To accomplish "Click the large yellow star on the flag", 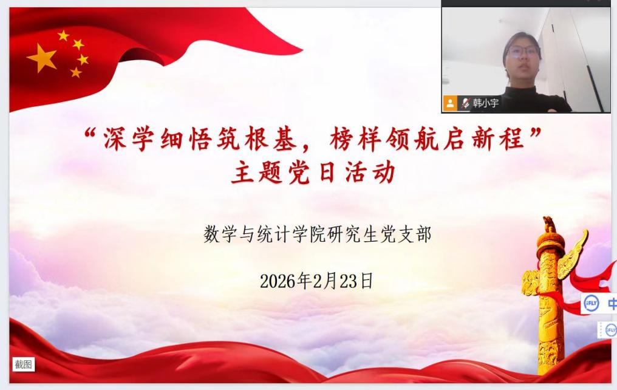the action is [41, 58].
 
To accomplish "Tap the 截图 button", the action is [23, 364].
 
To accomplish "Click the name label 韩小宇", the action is [486, 103].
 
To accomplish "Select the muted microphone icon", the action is [466, 103].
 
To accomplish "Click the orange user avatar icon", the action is [450, 103].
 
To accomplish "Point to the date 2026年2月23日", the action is [316, 281].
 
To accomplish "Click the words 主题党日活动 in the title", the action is [313, 173].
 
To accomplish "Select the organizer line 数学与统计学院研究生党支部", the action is [317, 234].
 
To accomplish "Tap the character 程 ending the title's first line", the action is [513, 139].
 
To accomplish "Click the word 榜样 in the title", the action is [356, 139].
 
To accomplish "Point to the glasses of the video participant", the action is [522, 51].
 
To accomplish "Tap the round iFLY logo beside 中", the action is [591, 303].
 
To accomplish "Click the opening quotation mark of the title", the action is [90, 134].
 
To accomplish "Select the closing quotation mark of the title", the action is [536, 133].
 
